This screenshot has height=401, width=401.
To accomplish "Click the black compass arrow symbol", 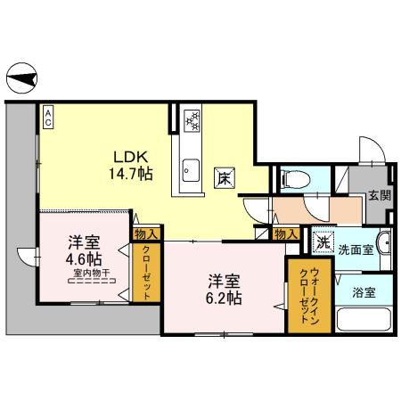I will coord(20,79).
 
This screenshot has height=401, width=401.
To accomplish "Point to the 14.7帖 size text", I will coord(127,172).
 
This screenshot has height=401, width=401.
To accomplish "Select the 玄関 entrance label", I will coord(378,195).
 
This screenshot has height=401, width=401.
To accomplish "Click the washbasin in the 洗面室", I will coord(384,243).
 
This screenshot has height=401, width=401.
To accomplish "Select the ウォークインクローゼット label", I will coord(300,294).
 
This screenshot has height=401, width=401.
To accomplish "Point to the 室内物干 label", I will coord(91,275).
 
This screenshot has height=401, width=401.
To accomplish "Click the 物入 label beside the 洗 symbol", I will coord(285,233).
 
